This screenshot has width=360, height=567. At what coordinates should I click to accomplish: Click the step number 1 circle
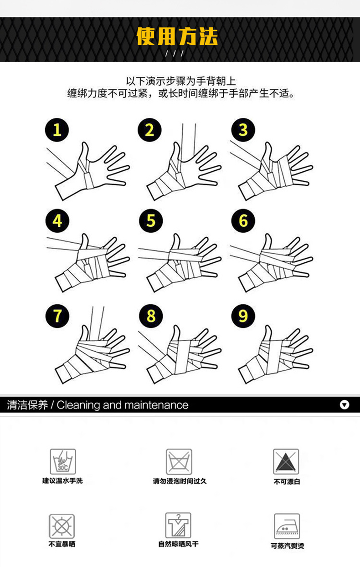pos(57,130)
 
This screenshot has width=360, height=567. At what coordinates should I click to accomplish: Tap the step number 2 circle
pos(149,130)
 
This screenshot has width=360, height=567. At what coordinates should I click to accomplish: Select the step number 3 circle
pos(243,130)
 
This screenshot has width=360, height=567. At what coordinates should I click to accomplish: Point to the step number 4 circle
pos(57,220)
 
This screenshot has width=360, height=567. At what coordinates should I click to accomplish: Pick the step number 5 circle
pos(151,220)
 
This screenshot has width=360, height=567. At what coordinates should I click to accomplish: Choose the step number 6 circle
pos(243,220)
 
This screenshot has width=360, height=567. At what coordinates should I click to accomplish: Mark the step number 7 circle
pos(57,316)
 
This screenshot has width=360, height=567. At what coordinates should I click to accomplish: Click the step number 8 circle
pos(151,316)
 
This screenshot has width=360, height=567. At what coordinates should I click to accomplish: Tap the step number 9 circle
pos(243,316)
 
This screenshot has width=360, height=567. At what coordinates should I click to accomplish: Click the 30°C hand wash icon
pos(62,461)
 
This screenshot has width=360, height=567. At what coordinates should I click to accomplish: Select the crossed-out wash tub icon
pos(179,462)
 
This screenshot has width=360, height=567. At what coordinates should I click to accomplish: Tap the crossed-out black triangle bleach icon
pos(286,461)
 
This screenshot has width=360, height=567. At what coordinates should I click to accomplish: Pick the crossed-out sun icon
pos(62,526)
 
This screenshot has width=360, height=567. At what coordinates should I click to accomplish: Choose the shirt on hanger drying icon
pos(178,526)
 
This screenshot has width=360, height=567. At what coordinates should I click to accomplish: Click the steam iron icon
pos(287,526)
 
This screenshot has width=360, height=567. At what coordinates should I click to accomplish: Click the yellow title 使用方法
pos(177,36)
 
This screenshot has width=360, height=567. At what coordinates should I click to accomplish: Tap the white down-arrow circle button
pos(345,405)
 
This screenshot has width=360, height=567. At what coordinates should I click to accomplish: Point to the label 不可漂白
pos(287,481)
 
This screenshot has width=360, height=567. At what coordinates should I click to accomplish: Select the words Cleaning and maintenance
pos(123,405)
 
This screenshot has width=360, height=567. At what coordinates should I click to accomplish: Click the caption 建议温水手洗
pos(62,480)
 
